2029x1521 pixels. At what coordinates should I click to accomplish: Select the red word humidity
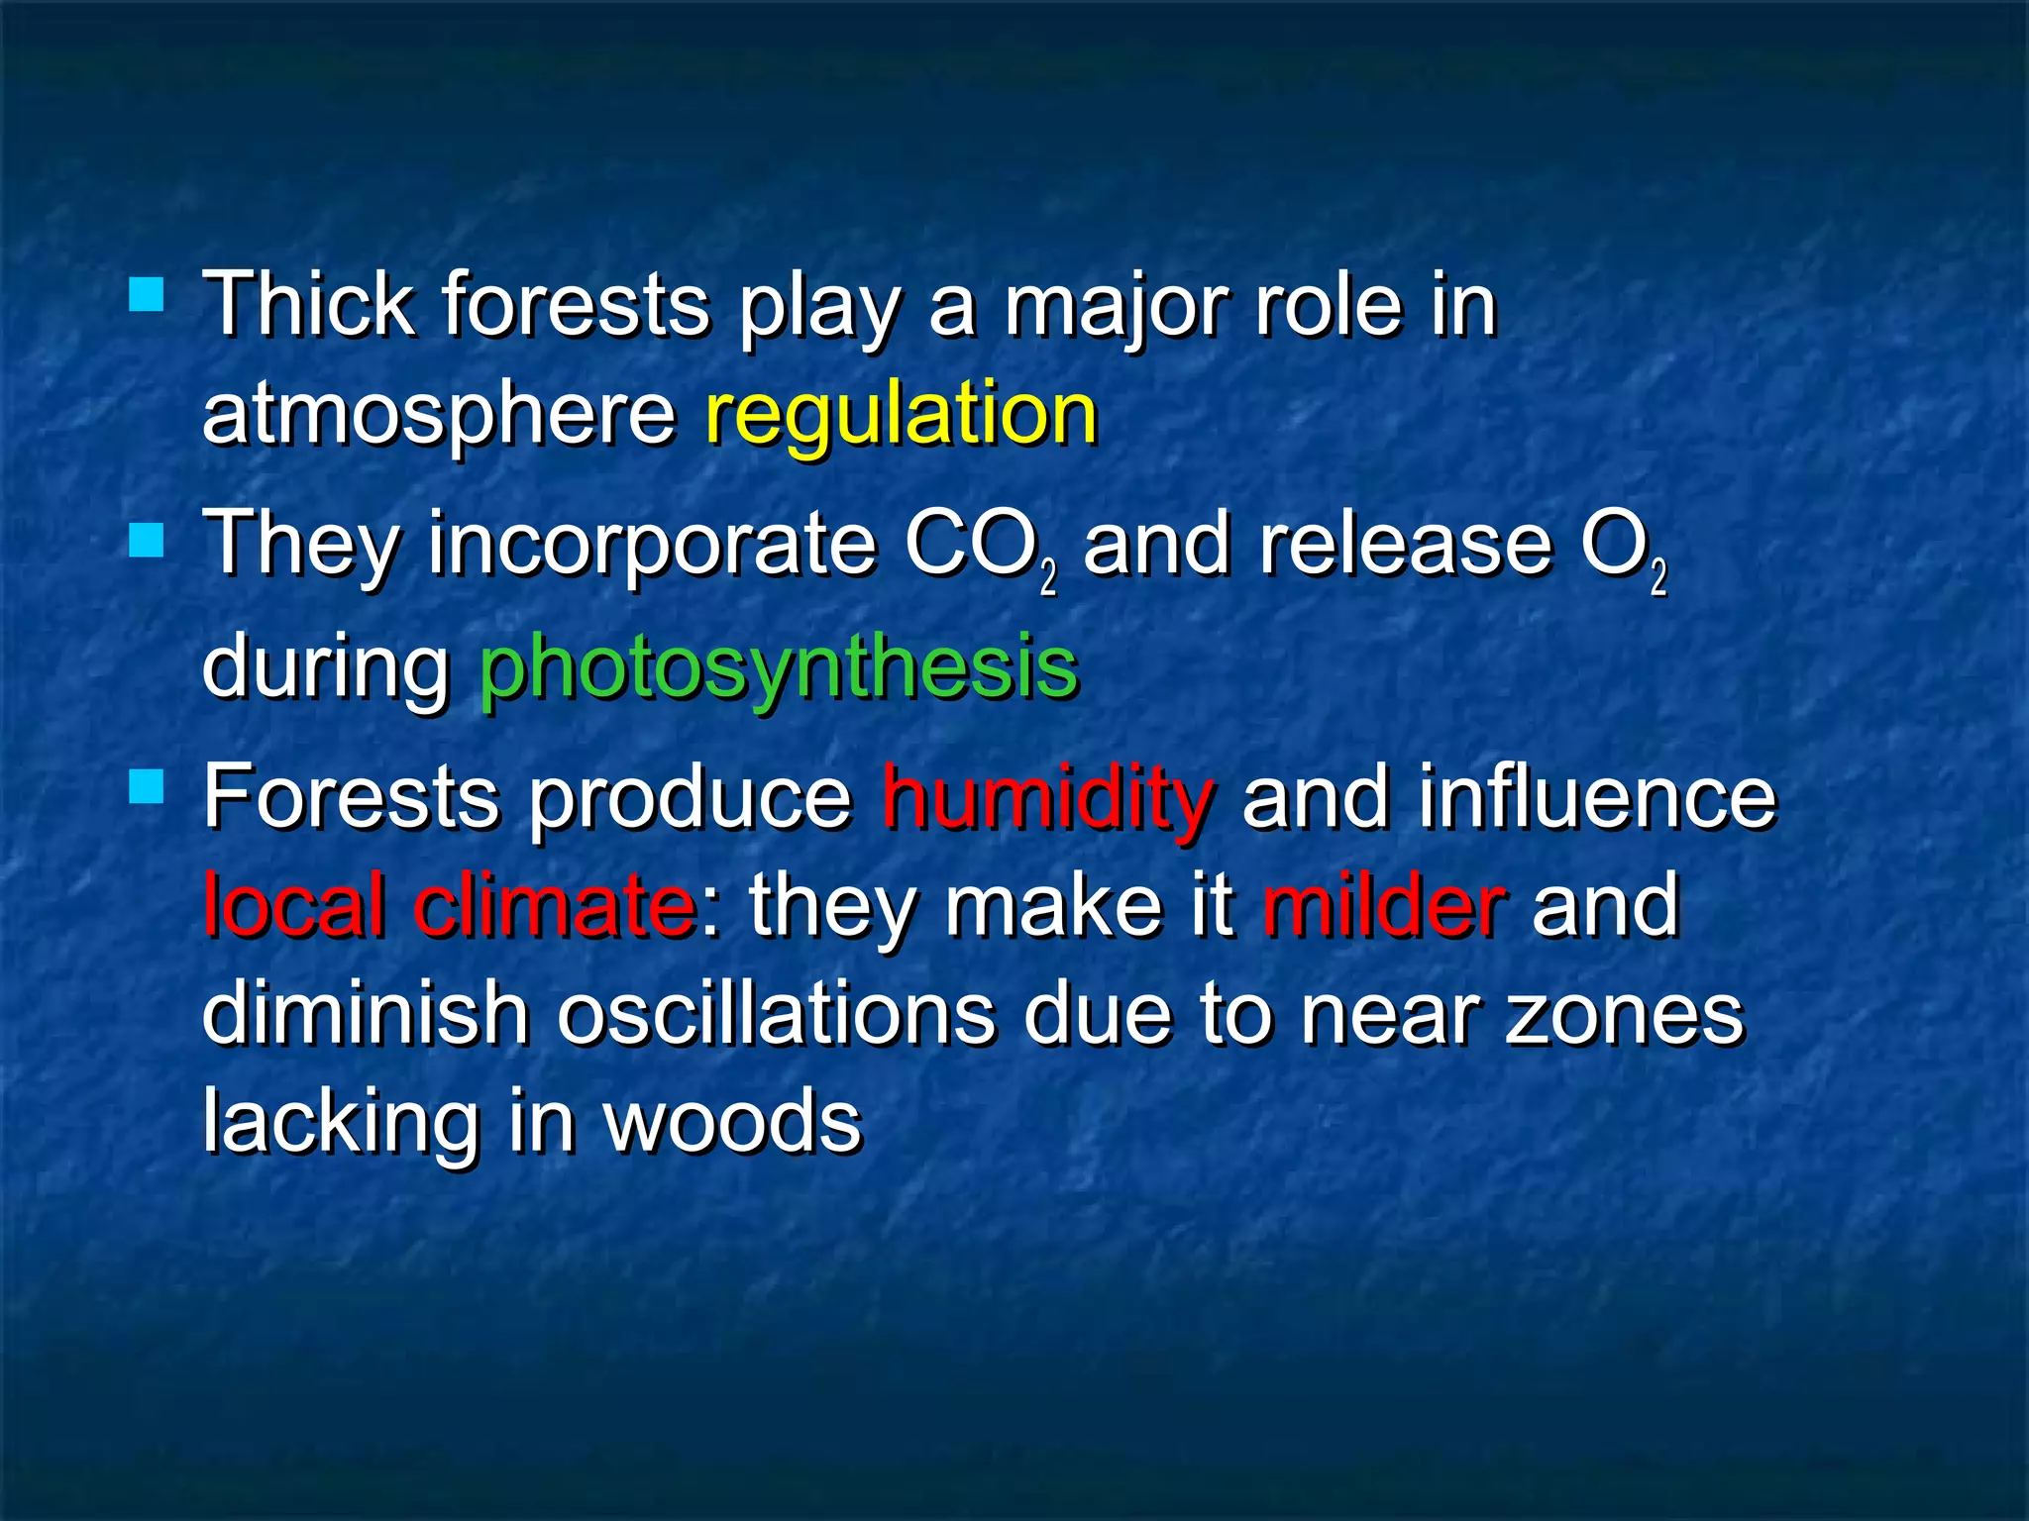pos(1046,798)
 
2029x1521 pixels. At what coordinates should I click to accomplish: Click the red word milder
pos(1384,905)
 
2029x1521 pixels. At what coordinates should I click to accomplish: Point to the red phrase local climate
pos(450,905)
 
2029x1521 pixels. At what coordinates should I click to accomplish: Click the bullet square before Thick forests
pos(147,294)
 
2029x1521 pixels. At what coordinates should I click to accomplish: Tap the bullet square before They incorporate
pos(147,541)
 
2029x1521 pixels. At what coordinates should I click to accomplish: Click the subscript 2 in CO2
pos(1049,578)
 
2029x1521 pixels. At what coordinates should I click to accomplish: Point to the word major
pos(1115,307)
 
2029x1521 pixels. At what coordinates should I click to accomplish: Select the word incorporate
pos(651,548)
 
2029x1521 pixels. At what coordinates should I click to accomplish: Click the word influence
pos(1597,798)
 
